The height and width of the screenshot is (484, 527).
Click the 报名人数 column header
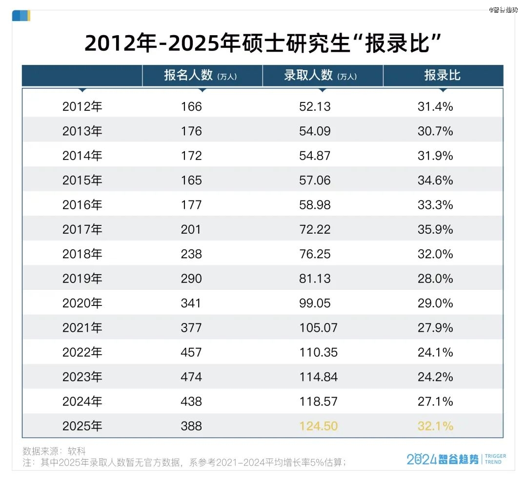pyautogui.click(x=200, y=76)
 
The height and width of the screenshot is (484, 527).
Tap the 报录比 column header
pyautogui.click(x=442, y=76)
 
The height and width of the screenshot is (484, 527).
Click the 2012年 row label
pyautogui.click(x=82, y=106)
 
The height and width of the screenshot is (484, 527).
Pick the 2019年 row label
pyautogui.click(x=82, y=279)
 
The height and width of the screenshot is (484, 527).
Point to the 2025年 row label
pyautogui.click(x=82, y=426)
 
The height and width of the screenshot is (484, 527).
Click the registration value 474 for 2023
pyautogui.click(x=191, y=377)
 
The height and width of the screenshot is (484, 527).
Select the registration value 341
pyautogui.click(x=191, y=303)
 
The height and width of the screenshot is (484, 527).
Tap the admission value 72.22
pyautogui.click(x=315, y=229)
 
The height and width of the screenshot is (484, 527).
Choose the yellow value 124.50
pyautogui.click(x=318, y=426)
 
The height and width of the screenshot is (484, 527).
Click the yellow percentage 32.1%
pyautogui.click(x=435, y=426)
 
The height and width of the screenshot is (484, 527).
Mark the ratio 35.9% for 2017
pyautogui.click(x=435, y=229)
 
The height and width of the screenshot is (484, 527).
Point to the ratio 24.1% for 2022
pyautogui.click(x=435, y=352)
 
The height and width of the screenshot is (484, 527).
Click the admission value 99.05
pyautogui.click(x=315, y=303)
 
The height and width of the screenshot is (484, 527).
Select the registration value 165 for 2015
pyautogui.click(x=191, y=180)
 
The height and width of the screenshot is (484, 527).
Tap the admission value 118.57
pyautogui.click(x=318, y=402)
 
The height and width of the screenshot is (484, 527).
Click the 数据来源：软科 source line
pyautogui.click(x=54, y=451)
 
